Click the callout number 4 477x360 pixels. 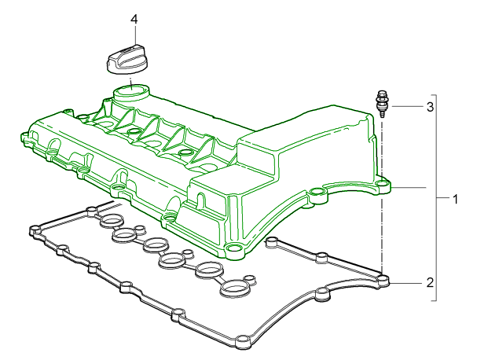134,18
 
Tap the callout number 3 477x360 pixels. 430,105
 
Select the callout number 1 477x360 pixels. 455,199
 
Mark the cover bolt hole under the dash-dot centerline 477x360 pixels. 383,186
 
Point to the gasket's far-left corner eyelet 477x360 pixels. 34,230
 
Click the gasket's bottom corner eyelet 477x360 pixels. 240,341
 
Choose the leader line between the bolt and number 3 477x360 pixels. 405,105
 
